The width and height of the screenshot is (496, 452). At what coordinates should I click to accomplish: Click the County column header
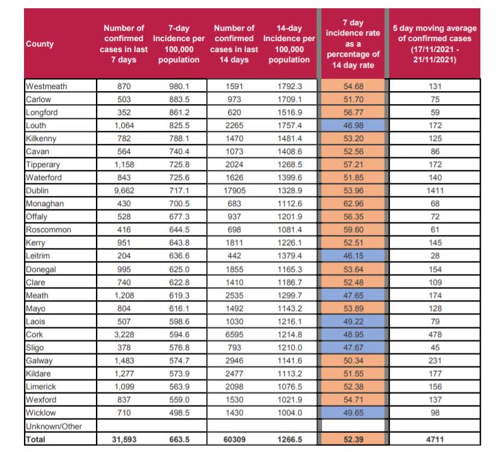click(x=40, y=44)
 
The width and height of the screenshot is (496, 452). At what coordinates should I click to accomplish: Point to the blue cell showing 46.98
click(x=352, y=125)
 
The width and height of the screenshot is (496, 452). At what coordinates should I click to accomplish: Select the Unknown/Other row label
click(x=53, y=426)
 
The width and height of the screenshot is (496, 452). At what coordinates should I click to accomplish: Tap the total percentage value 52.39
click(x=352, y=438)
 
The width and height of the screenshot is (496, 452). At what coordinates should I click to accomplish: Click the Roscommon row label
click(x=48, y=229)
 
